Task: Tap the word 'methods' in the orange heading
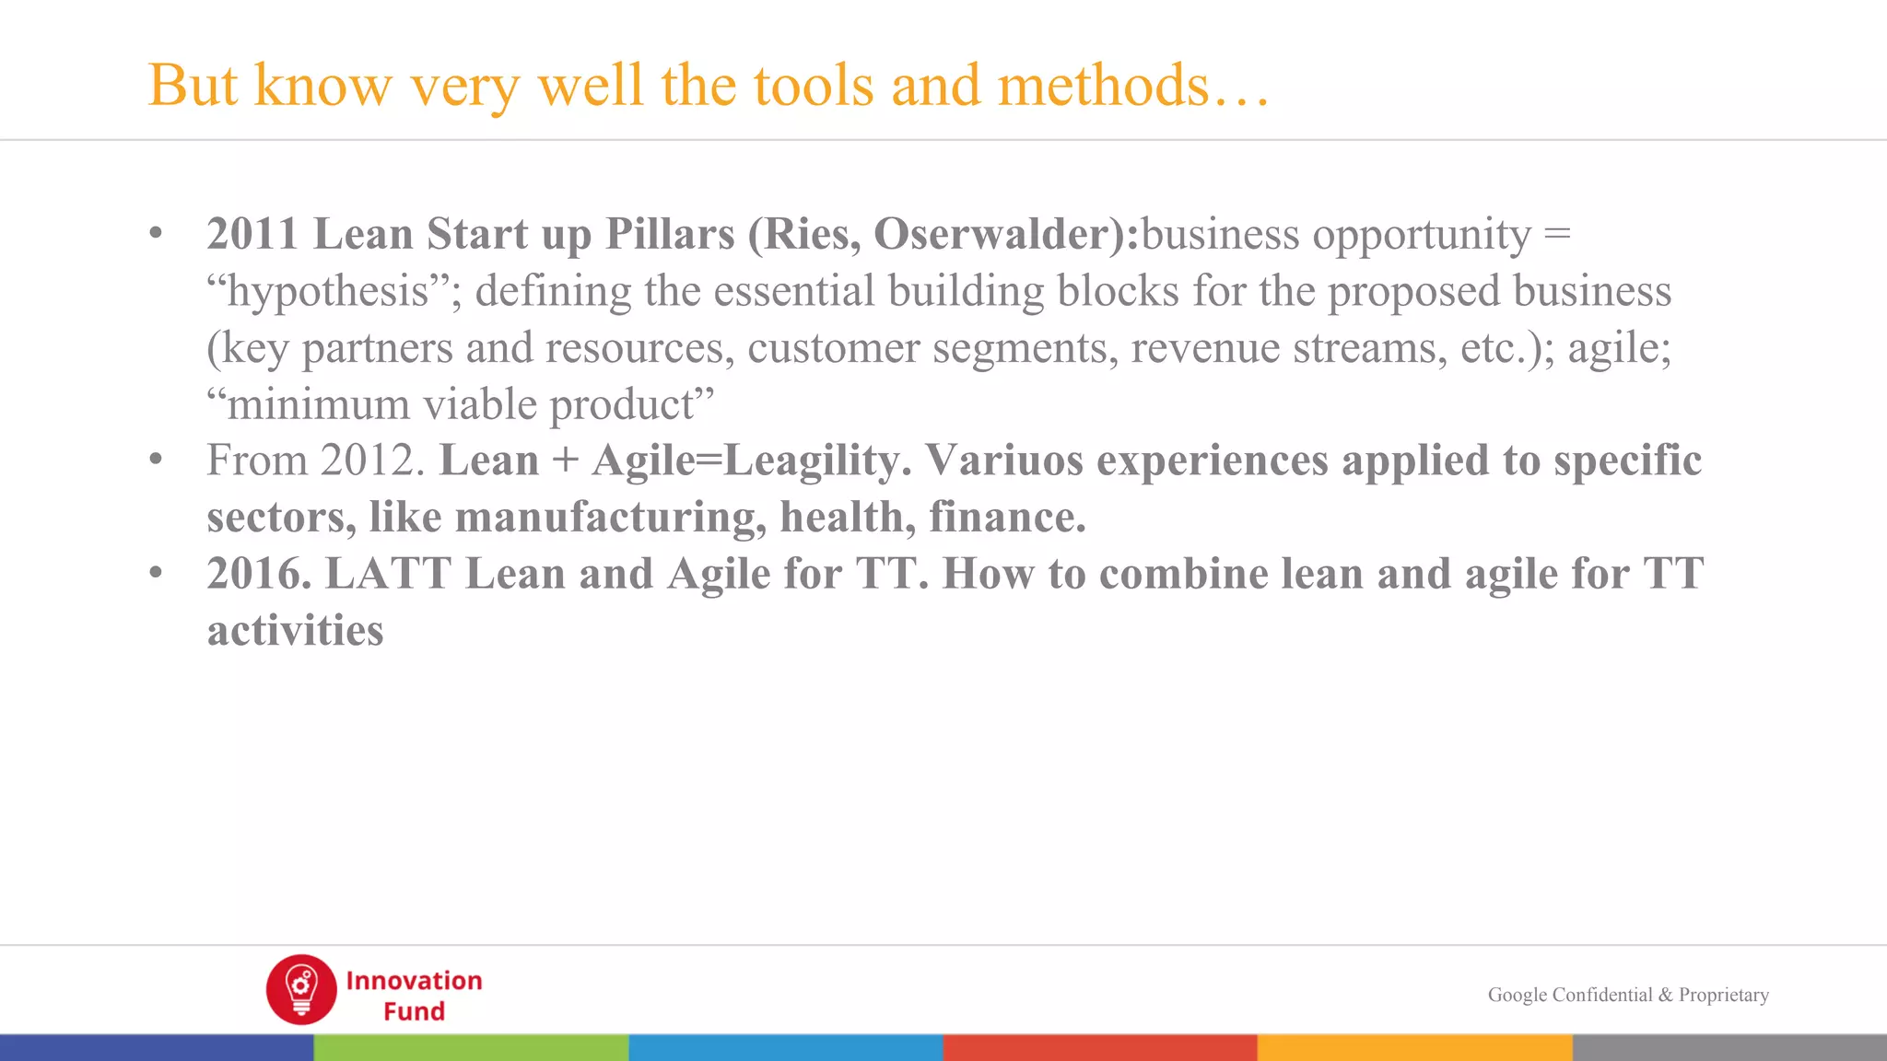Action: [x=1102, y=86]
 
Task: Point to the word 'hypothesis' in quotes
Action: [x=328, y=292]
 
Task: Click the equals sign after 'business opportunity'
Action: [x=1557, y=234]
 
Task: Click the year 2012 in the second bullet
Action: [x=366, y=461]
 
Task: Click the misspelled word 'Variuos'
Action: [x=1004, y=461]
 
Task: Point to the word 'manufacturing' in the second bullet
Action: [x=611, y=518]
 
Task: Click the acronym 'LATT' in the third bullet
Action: [x=388, y=574]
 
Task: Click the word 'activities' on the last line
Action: [x=295, y=631]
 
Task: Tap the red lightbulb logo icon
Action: [x=301, y=989]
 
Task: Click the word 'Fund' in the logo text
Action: [x=414, y=1011]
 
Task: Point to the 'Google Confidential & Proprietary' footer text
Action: [x=1628, y=995]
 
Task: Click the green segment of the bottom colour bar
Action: [x=471, y=1047]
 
